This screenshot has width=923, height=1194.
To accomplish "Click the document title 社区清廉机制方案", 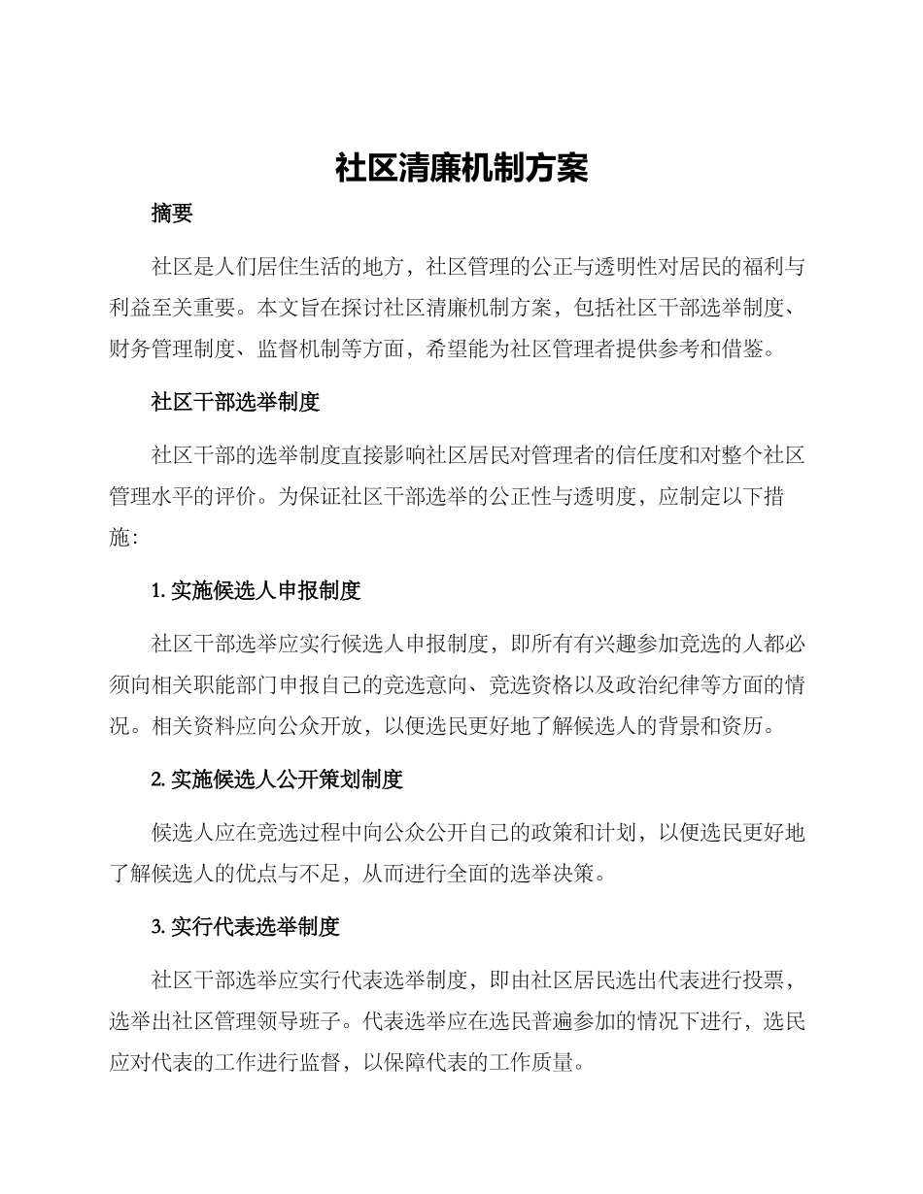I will (x=461, y=167).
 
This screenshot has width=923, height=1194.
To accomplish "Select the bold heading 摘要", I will (x=172, y=215).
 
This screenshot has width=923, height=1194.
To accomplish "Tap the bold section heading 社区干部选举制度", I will (x=236, y=402).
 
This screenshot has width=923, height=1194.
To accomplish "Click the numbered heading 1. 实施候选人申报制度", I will (x=256, y=589).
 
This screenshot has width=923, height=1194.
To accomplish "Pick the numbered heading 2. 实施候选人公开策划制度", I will (x=278, y=779).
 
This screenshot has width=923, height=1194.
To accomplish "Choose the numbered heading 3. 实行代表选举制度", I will (x=246, y=927).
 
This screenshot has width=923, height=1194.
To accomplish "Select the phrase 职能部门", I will (x=257, y=684).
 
